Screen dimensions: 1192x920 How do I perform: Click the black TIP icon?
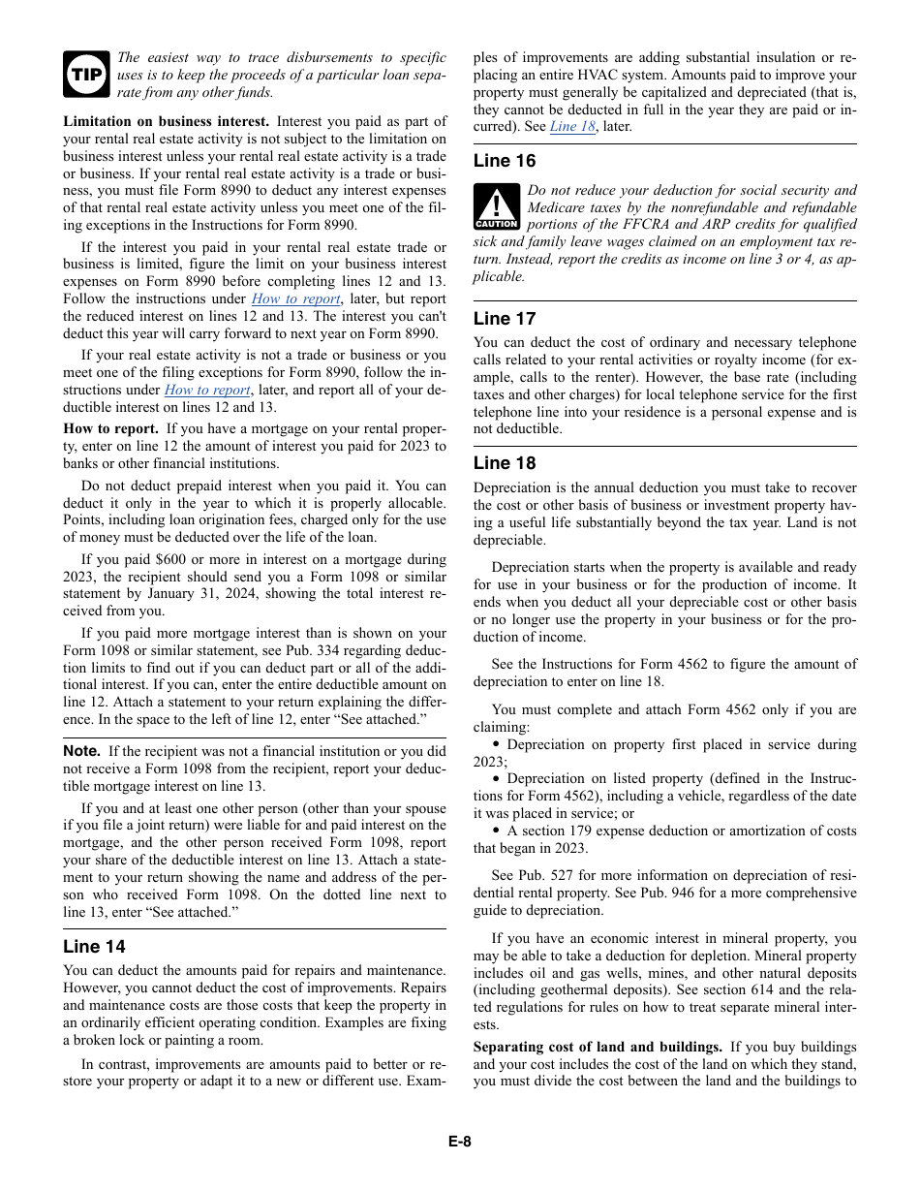click(86, 75)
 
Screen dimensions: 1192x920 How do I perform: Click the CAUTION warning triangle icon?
click(497, 207)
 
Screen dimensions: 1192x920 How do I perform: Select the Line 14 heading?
click(94, 947)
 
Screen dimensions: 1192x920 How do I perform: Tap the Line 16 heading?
click(504, 161)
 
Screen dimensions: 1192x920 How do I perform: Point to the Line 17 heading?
click(504, 319)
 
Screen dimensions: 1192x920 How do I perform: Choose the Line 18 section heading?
click(504, 463)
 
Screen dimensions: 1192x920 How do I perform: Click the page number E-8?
click(459, 1142)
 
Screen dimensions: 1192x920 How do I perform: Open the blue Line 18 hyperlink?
click(572, 127)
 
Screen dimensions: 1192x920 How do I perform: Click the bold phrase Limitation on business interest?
click(167, 122)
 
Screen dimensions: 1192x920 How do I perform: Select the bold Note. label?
click(82, 751)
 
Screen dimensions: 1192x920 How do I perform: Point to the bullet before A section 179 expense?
click(496, 831)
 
